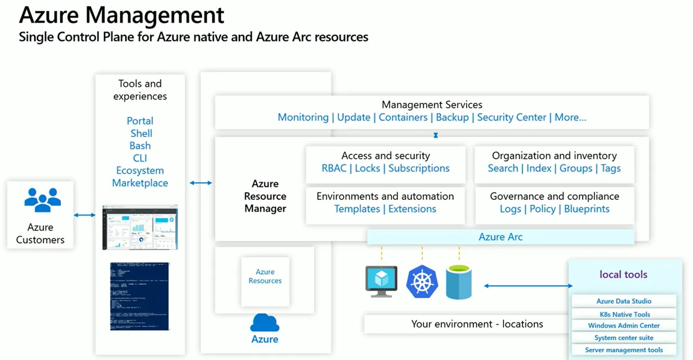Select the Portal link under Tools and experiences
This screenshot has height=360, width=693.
tap(140, 121)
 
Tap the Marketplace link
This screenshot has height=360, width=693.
tap(140, 183)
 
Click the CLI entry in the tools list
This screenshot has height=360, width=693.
tap(140, 158)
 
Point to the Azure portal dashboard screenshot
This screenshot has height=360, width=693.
tap(140, 227)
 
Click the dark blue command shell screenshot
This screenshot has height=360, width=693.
tap(140, 296)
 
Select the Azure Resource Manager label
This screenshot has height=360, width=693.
tap(265, 196)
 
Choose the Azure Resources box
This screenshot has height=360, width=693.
tap(265, 276)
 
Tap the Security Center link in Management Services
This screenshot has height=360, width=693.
tap(511, 117)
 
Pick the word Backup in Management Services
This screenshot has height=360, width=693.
tap(452, 117)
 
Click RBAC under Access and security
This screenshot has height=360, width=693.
tap(334, 168)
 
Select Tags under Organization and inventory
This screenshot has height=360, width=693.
tap(610, 168)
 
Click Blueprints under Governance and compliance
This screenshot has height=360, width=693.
tap(586, 209)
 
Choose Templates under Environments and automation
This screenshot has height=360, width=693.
tap(357, 209)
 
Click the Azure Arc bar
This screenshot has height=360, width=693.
tap(500, 237)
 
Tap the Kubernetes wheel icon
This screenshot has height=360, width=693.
tap(422, 282)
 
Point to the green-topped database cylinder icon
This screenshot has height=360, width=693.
tap(459, 282)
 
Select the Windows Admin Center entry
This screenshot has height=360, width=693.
tap(624, 326)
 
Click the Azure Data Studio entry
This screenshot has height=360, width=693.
tap(624, 301)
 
